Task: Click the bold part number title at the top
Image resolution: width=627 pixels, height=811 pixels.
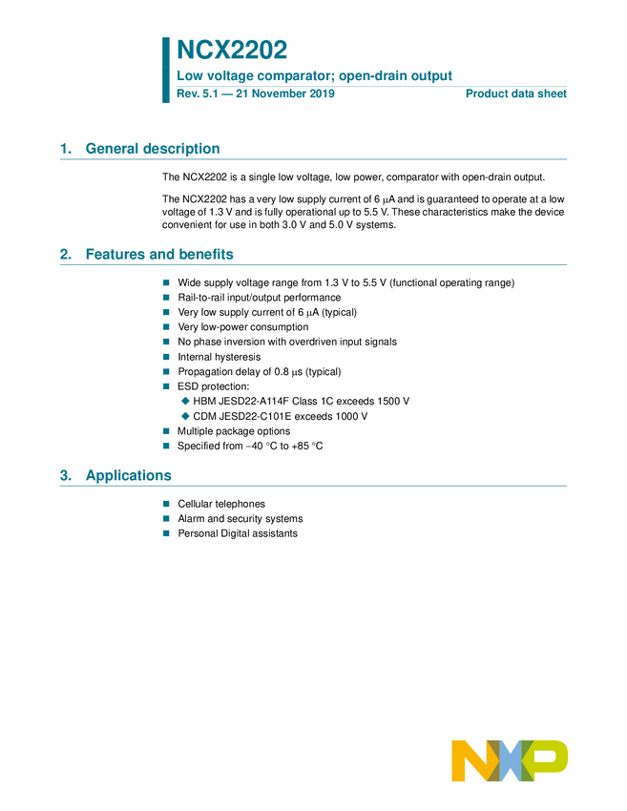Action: pos(232,50)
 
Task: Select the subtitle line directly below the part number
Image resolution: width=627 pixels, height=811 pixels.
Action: pos(315,74)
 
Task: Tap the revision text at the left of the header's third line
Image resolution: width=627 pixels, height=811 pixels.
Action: pos(256,94)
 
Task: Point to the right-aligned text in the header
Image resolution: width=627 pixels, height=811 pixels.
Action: pos(516,94)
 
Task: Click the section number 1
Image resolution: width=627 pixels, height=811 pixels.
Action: pos(66,149)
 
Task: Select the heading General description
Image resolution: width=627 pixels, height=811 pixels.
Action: pos(153,149)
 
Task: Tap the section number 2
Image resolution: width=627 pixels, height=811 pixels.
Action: pos(66,255)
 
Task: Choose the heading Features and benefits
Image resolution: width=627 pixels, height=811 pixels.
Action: pos(159,255)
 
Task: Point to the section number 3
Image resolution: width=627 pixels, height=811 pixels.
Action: pos(66,476)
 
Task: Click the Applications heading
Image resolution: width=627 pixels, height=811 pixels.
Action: pos(128,476)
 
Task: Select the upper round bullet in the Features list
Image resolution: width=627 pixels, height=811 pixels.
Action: pos(185,401)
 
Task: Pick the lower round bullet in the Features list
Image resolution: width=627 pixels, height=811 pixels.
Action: pos(185,416)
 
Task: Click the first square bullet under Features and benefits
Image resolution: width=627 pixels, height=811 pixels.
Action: pos(165,282)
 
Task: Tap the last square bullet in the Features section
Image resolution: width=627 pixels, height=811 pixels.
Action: pos(165,446)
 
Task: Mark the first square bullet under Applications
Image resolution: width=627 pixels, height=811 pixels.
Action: pos(165,503)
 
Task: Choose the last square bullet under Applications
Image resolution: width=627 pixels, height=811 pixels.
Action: pos(165,533)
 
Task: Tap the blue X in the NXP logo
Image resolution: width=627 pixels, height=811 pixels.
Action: pos(511,761)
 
